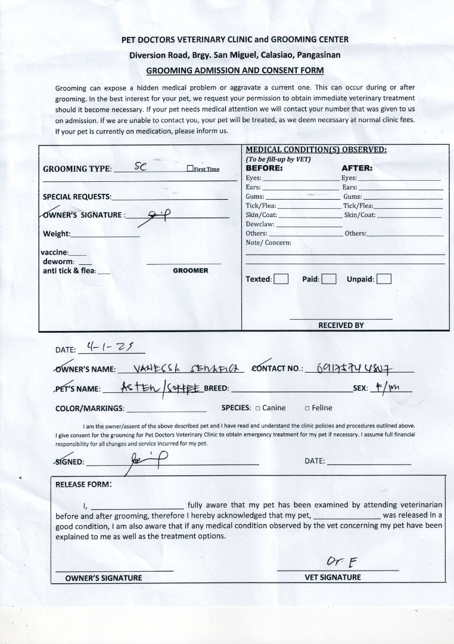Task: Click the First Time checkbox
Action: pos(190,169)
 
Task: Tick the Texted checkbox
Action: pos(281,279)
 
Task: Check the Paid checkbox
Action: pos(329,279)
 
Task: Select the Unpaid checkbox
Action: pos(384,279)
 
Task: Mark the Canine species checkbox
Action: pos(258,408)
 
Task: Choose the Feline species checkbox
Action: pos(307,408)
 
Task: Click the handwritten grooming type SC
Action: pos(141,167)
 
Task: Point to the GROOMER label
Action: pos(191,271)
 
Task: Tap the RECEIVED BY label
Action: pos(341,326)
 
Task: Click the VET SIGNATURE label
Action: pos(332,577)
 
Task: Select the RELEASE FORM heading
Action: pos(83,484)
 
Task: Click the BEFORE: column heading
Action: pos(264,168)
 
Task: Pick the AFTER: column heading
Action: pos(356,168)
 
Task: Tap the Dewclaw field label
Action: pos(260,224)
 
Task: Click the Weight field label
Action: pos(57,234)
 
